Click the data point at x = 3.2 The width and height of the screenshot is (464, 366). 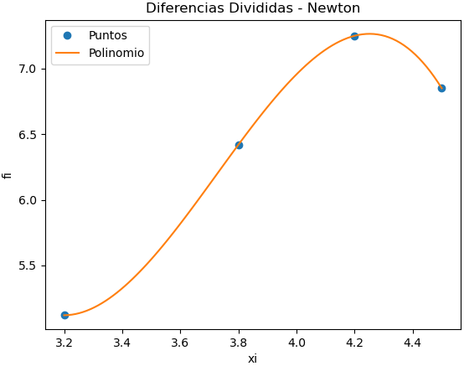tap(64, 315)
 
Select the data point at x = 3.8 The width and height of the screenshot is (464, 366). tap(239, 145)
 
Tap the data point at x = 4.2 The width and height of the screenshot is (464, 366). tap(354, 36)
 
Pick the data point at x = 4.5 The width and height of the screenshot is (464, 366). tap(441, 88)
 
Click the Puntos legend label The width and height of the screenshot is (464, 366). tap(107, 36)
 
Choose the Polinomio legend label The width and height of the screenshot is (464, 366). tap(116, 53)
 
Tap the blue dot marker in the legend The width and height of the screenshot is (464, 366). tap(68, 36)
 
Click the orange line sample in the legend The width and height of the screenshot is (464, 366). tap(68, 53)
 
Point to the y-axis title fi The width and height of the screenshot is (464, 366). tap(8, 174)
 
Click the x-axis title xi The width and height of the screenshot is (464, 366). tap(252, 358)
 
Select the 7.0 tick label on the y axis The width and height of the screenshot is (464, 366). tap(28, 69)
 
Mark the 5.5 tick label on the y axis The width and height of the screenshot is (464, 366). tap(28, 266)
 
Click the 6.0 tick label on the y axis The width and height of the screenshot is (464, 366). tap(28, 200)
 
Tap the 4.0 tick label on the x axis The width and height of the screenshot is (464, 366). tap(296, 343)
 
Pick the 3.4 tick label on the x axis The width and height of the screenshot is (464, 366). tap(122, 343)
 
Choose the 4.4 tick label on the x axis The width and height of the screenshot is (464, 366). tap(412, 343)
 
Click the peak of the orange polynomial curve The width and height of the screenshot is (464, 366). tap(369, 34)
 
